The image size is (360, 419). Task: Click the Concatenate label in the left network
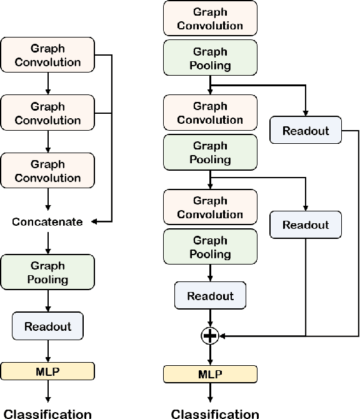(x=48, y=222)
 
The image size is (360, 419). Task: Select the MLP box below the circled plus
(x=209, y=374)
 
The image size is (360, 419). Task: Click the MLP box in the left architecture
(x=48, y=371)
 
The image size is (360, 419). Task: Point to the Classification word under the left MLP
(x=48, y=413)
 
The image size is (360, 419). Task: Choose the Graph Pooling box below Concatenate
(x=48, y=273)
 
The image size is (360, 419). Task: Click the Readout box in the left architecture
(x=48, y=326)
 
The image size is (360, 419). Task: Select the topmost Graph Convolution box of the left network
(x=48, y=55)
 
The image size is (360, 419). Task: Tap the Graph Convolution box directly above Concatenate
(x=48, y=171)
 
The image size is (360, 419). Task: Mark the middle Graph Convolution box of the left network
(x=48, y=113)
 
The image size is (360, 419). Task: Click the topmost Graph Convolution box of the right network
(x=209, y=19)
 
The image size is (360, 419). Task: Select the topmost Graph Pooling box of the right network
(x=209, y=58)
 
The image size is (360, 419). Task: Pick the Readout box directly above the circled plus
(x=209, y=296)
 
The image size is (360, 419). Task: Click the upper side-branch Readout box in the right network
(x=306, y=130)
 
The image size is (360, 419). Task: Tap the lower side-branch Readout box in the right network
(x=306, y=225)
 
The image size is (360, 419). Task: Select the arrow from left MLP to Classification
(x=48, y=390)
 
